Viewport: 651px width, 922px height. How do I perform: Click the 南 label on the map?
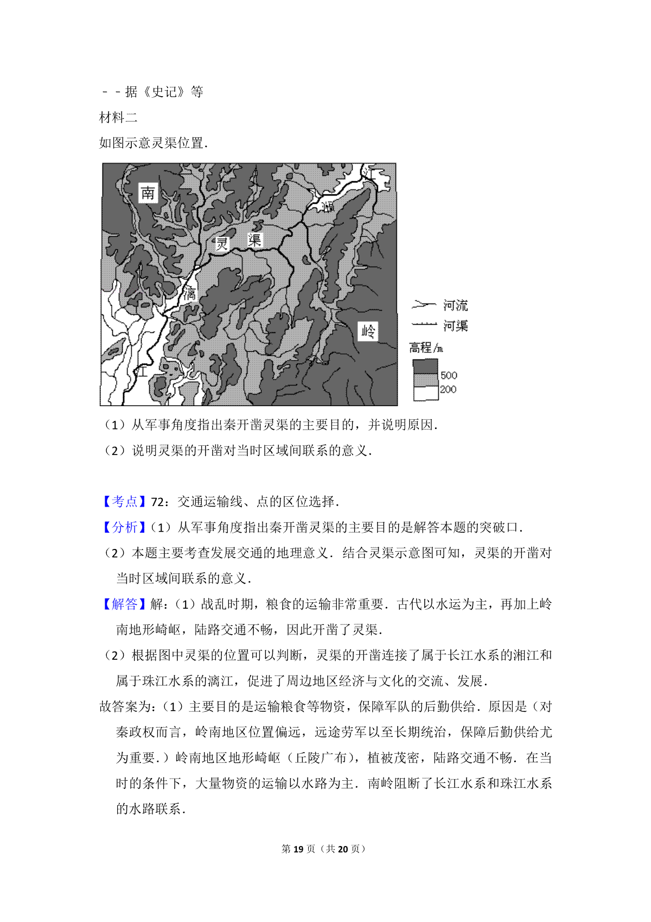(148, 193)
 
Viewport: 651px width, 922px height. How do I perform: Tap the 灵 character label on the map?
(222, 243)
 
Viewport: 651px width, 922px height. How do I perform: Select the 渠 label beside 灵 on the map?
(254, 240)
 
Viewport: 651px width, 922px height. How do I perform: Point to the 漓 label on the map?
(189, 294)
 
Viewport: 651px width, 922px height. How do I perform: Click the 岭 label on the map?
(368, 331)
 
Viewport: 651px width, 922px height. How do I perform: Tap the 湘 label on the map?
(327, 206)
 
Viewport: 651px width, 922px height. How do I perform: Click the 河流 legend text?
(455, 305)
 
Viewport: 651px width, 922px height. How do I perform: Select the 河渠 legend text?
(455, 326)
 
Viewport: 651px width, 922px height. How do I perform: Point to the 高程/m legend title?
(426, 348)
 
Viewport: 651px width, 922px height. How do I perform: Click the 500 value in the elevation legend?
(449, 375)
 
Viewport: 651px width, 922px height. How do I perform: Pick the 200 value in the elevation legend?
(448, 389)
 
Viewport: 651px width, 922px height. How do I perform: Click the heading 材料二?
(119, 117)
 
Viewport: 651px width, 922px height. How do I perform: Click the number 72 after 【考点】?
(157, 502)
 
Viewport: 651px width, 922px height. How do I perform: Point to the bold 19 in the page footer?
(298, 849)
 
